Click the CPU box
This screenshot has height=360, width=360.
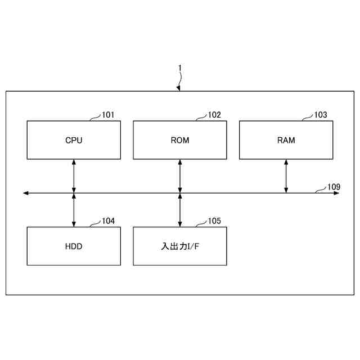[74, 140]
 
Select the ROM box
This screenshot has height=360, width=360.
[180, 140]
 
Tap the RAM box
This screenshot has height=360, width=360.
[286, 140]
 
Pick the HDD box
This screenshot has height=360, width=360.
[74, 246]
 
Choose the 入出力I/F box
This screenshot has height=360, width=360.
[180, 246]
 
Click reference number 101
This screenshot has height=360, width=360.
[108, 115]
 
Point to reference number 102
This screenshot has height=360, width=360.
[214, 115]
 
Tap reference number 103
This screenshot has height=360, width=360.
[320, 115]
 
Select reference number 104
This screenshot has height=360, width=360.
[108, 221]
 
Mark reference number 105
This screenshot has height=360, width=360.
[214, 221]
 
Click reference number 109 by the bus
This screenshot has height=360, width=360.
[334, 186]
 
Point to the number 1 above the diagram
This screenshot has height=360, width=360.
[180, 68]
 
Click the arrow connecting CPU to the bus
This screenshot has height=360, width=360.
[74, 175]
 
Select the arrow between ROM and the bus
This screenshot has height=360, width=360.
[180, 175]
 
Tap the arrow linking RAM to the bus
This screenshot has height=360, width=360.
[286, 175]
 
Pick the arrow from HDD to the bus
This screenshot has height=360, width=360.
[74, 210]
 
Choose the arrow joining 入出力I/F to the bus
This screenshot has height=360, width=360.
[180, 210]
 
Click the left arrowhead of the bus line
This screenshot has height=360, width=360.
[25, 193]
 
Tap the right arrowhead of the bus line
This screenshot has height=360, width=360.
[337, 193]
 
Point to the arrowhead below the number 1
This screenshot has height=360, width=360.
[178, 88]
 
